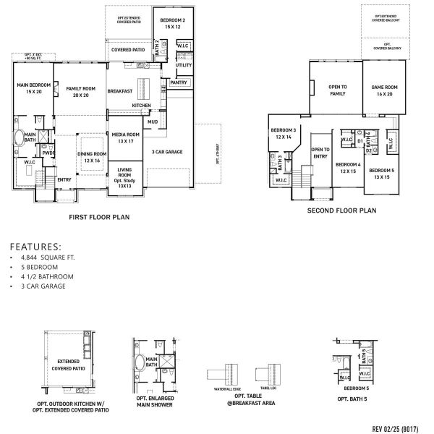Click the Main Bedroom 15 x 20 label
(31, 89)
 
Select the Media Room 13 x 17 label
(125, 137)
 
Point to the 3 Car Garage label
(166, 152)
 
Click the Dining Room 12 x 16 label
(92, 157)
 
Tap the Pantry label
(179, 82)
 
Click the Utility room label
(184, 65)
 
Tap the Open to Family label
(338, 90)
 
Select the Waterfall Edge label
(222, 388)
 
